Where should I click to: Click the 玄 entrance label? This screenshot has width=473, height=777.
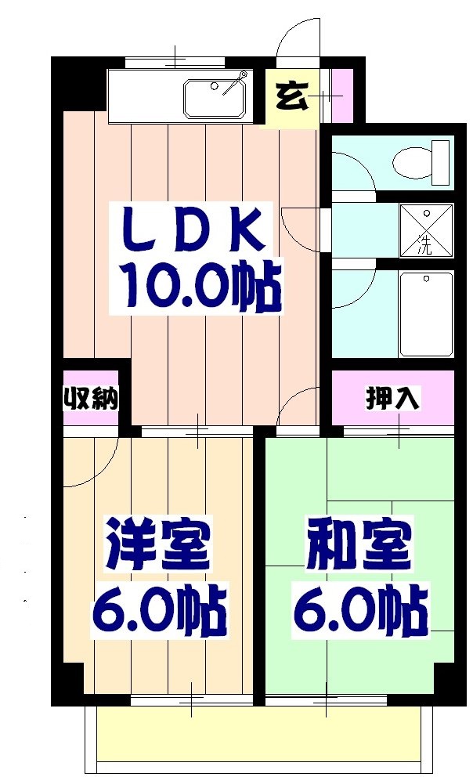tap(291, 97)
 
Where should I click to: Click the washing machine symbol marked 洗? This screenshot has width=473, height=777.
tap(426, 230)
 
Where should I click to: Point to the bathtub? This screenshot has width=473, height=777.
tap(426, 313)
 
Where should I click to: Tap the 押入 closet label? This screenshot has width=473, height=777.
tap(392, 398)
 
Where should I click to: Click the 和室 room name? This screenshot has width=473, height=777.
tap(359, 545)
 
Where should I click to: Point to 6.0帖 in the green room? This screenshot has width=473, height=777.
tap(360, 609)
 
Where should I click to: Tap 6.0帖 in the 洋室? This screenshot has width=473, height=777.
tap(160, 609)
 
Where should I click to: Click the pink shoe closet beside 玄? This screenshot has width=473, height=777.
tap(341, 96)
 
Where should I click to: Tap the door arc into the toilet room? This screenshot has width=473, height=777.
tap(348, 168)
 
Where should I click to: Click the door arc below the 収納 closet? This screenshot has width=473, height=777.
tap(100, 454)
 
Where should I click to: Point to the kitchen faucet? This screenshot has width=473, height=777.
tap(234, 83)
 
